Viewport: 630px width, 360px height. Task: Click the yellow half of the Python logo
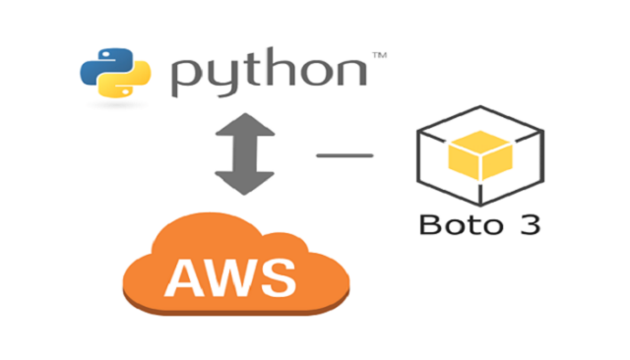[x=126, y=85]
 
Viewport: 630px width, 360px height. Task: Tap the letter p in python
[x=188, y=78]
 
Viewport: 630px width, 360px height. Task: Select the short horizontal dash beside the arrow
[x=344, y=154]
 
